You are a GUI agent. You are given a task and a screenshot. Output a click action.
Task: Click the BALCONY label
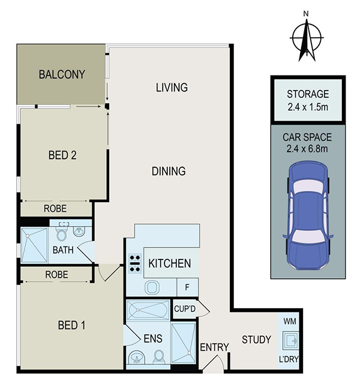click(62, 74)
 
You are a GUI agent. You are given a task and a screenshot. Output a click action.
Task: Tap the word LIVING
click(172, 88)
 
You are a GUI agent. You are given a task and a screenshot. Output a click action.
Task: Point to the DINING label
click(169, 171)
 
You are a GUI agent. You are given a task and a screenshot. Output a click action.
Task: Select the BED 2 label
click(62, 155)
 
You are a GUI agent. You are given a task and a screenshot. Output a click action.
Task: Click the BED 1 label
click(71, 325)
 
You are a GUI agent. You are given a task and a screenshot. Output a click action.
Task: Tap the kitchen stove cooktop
click(135, 263)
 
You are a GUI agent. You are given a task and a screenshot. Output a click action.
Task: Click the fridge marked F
click(187, 287)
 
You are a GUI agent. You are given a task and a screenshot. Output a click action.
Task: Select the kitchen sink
click(152, 287)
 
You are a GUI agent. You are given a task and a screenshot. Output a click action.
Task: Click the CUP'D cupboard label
click(185, 309)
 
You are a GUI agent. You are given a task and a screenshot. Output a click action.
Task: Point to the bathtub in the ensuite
click(148, 310)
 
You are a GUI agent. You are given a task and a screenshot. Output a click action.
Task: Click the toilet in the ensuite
click(159, 357)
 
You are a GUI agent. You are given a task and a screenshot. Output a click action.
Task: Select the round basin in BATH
click(79, 231)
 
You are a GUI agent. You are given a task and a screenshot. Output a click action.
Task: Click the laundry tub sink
click(290, 340)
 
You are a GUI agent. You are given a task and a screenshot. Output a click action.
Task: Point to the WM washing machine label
click(290, 321)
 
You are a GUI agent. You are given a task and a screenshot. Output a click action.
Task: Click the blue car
click(308, 215)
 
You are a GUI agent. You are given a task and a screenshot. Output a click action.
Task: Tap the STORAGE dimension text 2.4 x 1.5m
click(308, 107)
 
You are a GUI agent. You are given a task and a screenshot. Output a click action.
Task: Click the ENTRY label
click(214, 348)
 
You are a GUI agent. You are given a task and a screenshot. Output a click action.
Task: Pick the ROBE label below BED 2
click(55, 209)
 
